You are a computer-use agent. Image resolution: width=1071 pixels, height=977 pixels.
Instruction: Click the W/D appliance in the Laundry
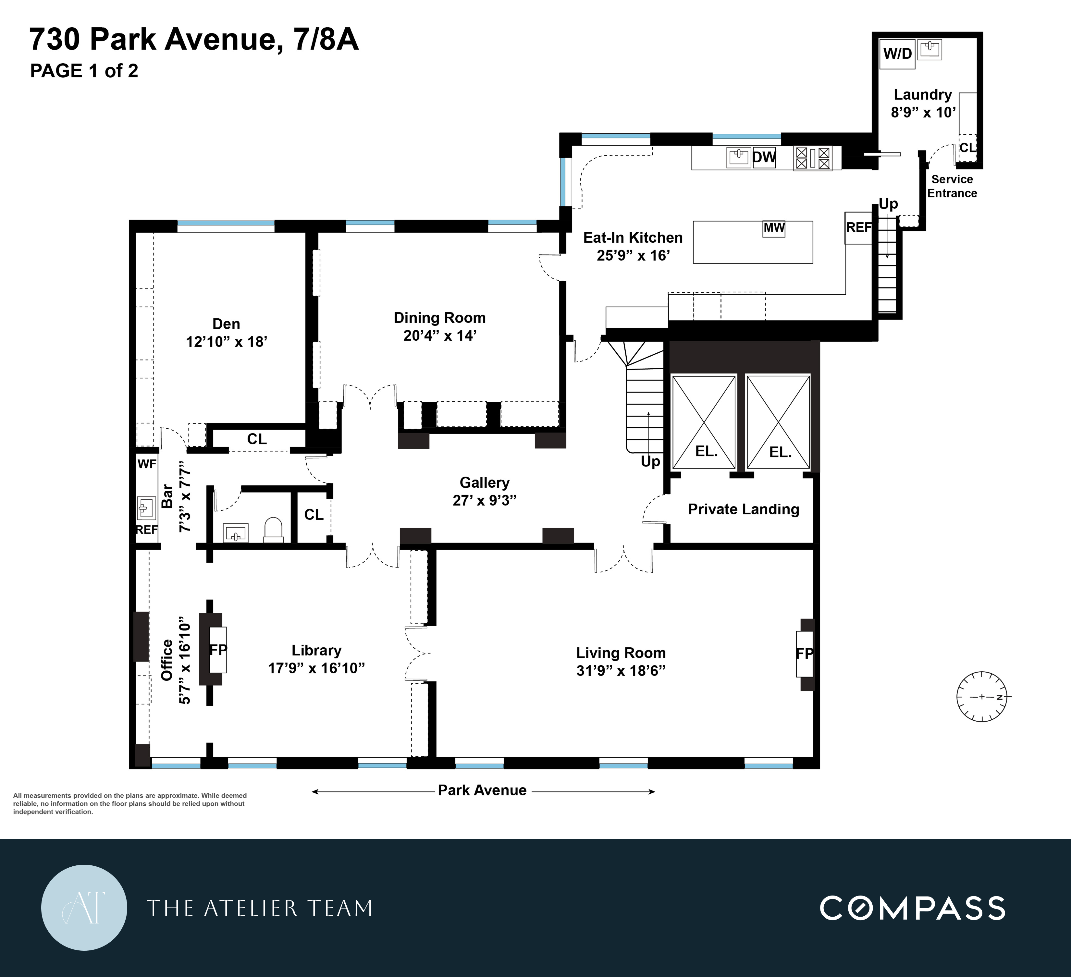pyautogui.click(x=897, y=54)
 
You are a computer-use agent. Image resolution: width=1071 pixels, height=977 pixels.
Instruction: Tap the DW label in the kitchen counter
pyautogui.click(x=764, y=157)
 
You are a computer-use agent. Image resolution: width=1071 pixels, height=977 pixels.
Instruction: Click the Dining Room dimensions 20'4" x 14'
pyautogui.click(x=439, y=336)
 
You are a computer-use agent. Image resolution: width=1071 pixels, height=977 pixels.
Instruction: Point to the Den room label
pyautogui.click(x=226, y=324)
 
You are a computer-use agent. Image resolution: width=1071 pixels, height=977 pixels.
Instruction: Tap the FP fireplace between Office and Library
pyautogui.click(x=218, y=649)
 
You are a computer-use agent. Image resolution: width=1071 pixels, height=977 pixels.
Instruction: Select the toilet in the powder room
pyautogui.click(x=274, y=529)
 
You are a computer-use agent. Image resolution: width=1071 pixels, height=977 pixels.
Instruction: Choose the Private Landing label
pyautogui.click(x=743, y=509)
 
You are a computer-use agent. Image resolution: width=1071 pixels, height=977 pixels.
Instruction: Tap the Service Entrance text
pyautogui.click(x=952, y=187)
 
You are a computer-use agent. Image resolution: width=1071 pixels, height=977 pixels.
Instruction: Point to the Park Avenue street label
pyautogui.click(x=482, y=790)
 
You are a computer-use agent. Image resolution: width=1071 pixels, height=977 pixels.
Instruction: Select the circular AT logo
pyautogui.click(x=84, y=908)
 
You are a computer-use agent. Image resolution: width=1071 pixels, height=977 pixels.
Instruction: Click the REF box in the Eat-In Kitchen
pyautogui.click(x=858, y=228)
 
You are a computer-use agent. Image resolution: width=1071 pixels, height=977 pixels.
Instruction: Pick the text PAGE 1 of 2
pyautogui.click(x=84, y=71)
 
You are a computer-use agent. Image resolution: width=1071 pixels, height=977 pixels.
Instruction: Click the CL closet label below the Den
pyautogui.click(x=257, y=439)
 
